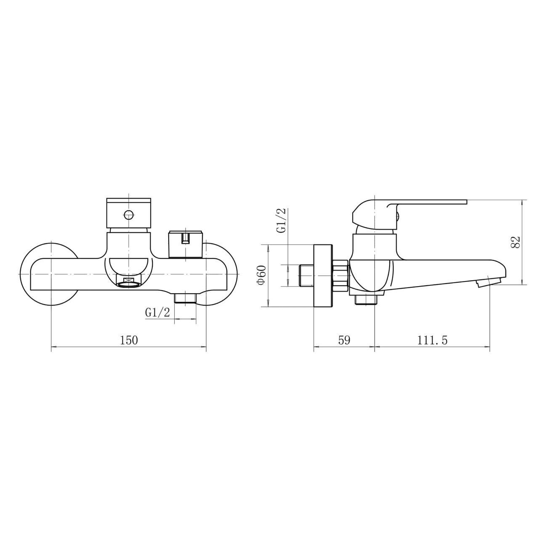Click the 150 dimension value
pos(129,340)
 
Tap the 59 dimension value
pos(344,340)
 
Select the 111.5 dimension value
pos(432,340)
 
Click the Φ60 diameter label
pos(261,275)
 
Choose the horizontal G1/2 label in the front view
pos(157,313)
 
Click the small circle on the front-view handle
pos(129,216)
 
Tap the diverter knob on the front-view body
pos(185,244)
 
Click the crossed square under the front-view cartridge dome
pos(129,281)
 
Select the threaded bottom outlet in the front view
pos(185,298)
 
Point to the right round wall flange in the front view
pos(223,273)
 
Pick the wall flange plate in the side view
pos(323,275)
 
